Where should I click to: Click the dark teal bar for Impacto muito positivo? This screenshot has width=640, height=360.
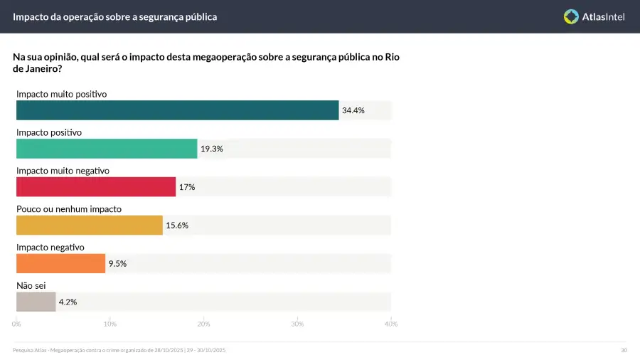[177, 110]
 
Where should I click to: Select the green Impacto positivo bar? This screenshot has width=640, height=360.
[107, 149]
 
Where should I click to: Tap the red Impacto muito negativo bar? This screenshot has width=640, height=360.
[96, 187]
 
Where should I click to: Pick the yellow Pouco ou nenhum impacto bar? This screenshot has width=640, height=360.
[90, 226]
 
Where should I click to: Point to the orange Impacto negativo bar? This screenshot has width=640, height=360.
[60, 264]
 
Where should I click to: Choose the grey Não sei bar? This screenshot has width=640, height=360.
[36, 302]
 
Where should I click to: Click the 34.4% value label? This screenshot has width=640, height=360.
[353, 110]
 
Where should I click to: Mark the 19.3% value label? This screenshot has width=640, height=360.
[212, 149]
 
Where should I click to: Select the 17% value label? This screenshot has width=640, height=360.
[187, 187]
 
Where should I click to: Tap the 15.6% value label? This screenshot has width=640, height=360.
[177, 226]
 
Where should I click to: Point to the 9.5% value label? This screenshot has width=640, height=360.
[117, 264]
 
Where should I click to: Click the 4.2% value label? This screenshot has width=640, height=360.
[68, 302]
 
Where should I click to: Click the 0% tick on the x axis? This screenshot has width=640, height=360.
[16, 324]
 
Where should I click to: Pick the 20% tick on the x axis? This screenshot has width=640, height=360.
[203, 324]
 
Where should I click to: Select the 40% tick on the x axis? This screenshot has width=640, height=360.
[390, 324]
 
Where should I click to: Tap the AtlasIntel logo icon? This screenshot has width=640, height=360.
[571, 16]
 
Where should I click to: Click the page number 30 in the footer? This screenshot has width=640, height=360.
[624, 350]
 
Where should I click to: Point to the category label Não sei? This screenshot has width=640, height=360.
[31, 285]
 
